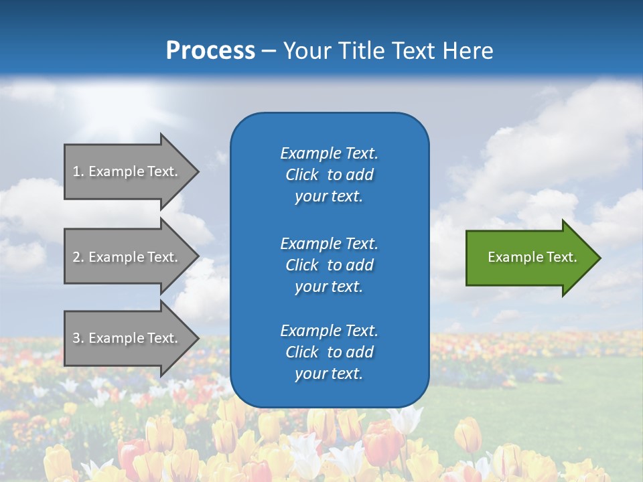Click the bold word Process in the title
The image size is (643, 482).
(210, 51)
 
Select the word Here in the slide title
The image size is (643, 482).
(467, 51)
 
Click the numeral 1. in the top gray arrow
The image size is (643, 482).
(78, 171)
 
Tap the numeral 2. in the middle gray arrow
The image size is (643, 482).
(78, 257)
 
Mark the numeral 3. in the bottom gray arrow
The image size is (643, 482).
(78, 338)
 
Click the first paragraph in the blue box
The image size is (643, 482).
(329, 175)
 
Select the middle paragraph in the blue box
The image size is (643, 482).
(329, 264)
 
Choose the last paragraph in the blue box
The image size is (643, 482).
(329, 352)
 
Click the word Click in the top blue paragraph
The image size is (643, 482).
(302, 175)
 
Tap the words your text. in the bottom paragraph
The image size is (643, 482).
(329, 374)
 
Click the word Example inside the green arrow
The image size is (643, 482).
(510, 257)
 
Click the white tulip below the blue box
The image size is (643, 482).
(406, 420)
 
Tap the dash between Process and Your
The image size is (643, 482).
(269, 51)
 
